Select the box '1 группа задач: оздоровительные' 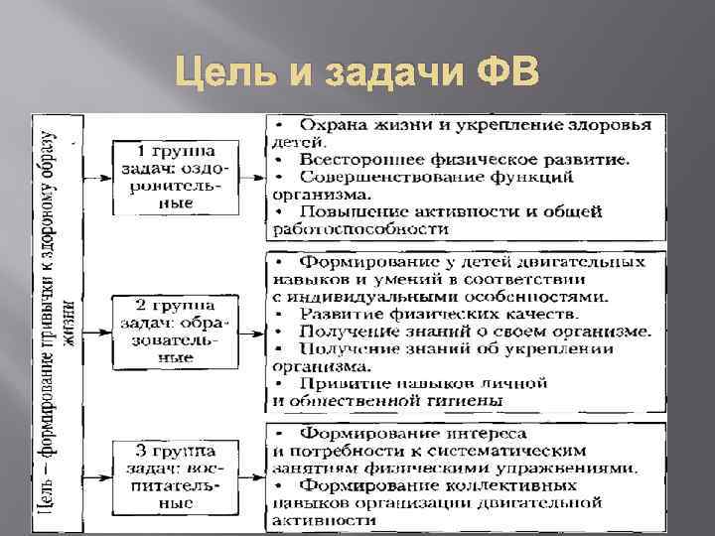(178, 177)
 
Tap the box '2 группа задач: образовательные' (178, 330)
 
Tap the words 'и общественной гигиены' (386, 400)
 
